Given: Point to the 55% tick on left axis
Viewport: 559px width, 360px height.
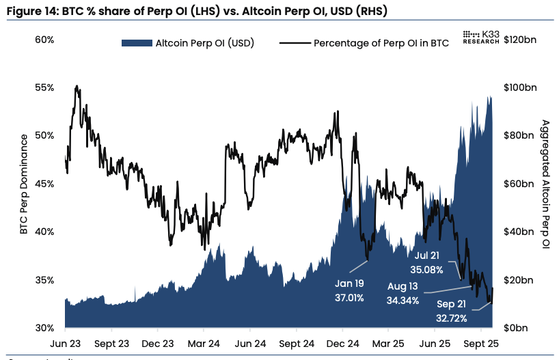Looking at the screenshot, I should click(44, 87).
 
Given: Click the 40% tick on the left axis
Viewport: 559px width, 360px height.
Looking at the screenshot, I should click(44, 232).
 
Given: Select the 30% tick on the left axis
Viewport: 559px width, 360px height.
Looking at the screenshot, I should click(44, 328).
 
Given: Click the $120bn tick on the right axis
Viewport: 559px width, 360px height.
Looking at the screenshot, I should click(519, 40).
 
